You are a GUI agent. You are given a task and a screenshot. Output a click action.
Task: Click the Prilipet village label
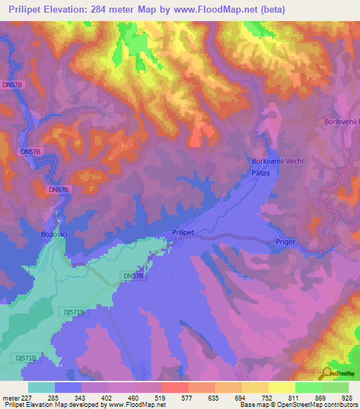coord(182,231)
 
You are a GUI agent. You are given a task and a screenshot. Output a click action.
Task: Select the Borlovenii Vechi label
coord(278,161)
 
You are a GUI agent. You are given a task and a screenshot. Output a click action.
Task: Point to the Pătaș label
coord(261,172)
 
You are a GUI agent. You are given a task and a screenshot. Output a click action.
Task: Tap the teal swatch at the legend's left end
coord(41,387)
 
